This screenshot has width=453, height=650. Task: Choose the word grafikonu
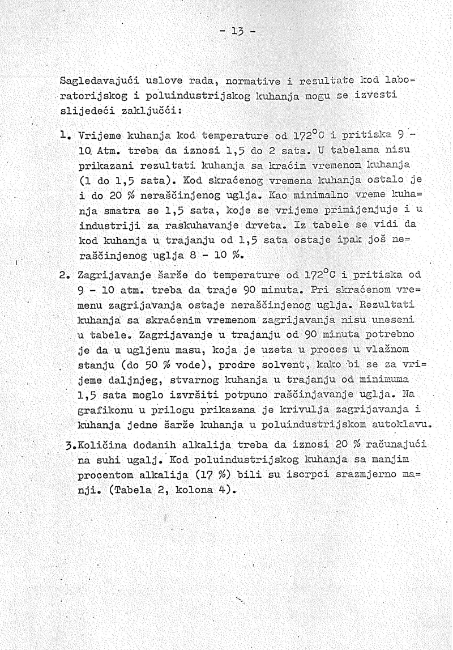[106, 408]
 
